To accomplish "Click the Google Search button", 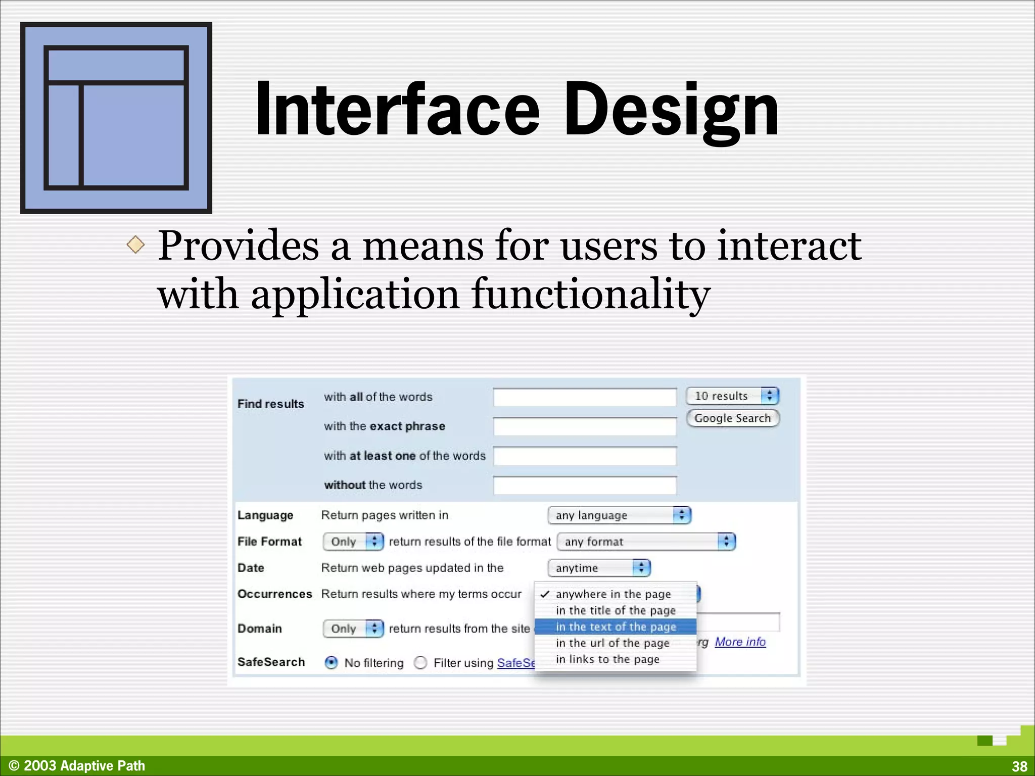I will (x=732, y=418).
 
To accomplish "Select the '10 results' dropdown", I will (x=732, y=396).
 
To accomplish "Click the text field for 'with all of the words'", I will (x=585, y=397).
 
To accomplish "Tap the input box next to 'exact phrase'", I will (x=585, y=426).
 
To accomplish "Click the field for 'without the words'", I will (x=585, y=486).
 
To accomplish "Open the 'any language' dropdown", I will (x=619, y=515).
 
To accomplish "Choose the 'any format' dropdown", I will (x=645, y=542).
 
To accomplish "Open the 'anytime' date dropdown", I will (x=599, y=568).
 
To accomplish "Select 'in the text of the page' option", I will (x=616, y=627).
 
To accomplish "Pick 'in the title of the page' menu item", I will (x=616, y=611).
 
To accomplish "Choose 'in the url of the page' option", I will (x=613, y=643).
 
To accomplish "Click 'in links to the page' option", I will (x=607, y=659).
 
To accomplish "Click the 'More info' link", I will (x=740, y=642).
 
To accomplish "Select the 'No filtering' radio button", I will (x=332, y=662).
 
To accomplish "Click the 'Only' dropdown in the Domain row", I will (x=353, y=628).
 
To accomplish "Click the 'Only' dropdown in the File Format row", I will (x=353, y=542).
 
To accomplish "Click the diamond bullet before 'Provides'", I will (x=135, y=245).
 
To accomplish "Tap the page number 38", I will (x=1019, y=766).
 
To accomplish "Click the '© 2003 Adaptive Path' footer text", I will (x=77, y=766).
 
